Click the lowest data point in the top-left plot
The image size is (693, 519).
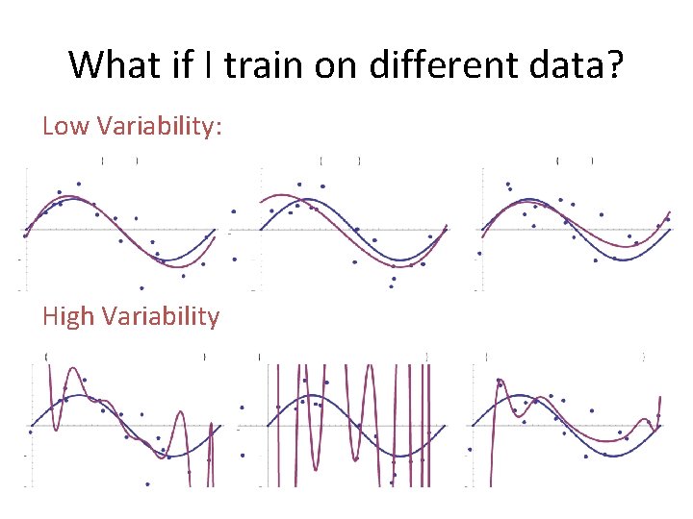coord(141,287)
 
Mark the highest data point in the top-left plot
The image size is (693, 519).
coord(78,184)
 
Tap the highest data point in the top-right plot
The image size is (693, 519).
coord(507,184)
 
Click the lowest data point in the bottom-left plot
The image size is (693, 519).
coord(147,483)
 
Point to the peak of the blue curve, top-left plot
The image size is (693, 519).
coord(71,199)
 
